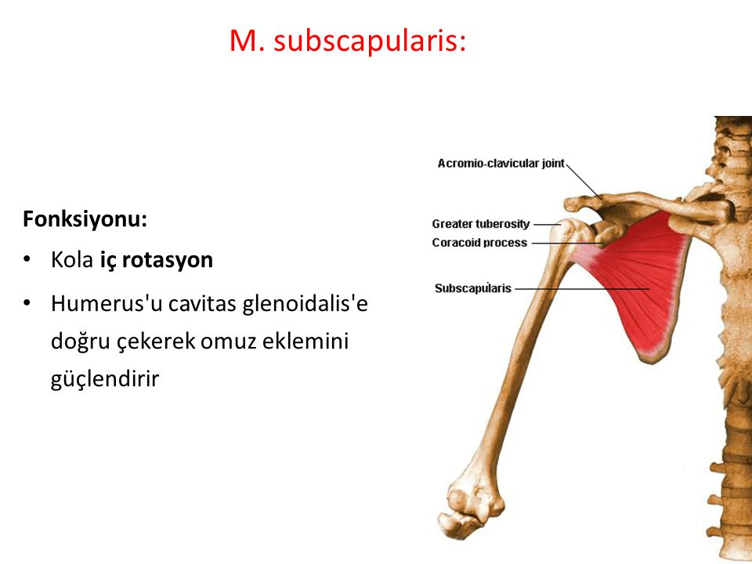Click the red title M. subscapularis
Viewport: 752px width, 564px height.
tap(348, 42)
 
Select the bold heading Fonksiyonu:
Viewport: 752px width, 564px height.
tap(85, 219)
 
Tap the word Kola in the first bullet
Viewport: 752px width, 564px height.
tap(72, 260)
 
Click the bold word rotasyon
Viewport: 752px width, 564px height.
tap(168, 260)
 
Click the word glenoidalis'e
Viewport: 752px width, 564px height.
tap(305, 304)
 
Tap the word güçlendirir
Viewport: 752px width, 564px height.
tap(105, 380)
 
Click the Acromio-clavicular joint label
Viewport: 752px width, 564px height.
tap(501, 164)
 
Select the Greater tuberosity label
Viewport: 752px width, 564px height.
tap(480, 224)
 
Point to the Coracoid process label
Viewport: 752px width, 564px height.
tap(479, 243)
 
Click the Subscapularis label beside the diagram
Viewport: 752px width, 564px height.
tap(473, 288)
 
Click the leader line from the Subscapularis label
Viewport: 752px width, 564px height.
tap(582, 289)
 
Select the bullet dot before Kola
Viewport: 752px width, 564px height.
tap(27, 260)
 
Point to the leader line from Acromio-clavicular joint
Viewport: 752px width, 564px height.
tap(584, 182)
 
